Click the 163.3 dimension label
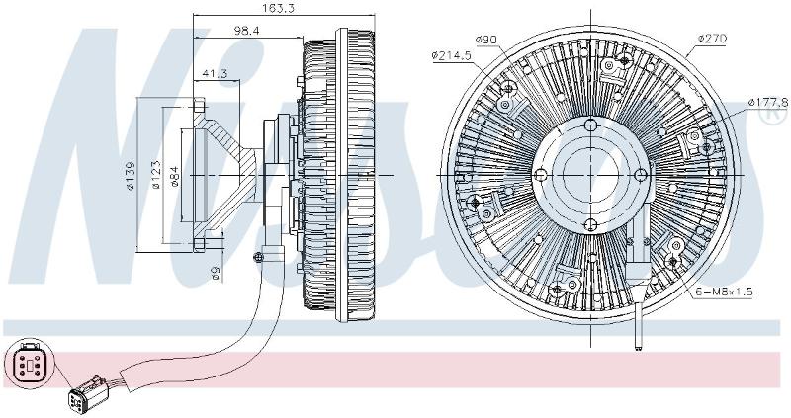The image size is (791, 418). coord(279,8)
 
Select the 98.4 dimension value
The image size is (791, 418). coord(246,31)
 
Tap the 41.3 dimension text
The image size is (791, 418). coord(215,73)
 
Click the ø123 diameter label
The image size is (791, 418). coord(156,176)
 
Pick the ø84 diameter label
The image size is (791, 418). coord(175,176)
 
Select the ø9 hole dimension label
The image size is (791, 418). coord(216,273)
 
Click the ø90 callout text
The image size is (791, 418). coord(486,40)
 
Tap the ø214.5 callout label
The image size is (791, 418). coord(451,55)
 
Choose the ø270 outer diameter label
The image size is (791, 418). coord(712,39)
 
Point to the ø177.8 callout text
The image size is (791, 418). coord(768,103)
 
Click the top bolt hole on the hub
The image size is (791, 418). coord(590,125)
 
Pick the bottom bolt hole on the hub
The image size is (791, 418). coord(590,225)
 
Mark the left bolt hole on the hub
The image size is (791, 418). coord(541,175)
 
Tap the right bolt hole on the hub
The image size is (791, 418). coord(641,175)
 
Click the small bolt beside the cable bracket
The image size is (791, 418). coord(259,257)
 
